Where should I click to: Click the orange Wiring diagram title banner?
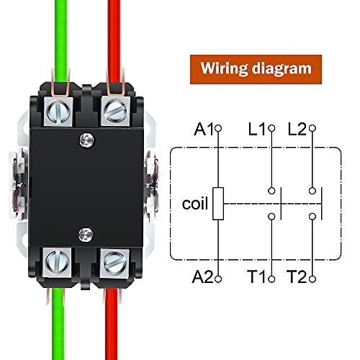pyautogui.click(x=256, y=69)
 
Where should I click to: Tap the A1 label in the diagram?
pyautogui.click(x=204, y=130)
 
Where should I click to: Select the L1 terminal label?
pyautogui.click(x=256, y=130)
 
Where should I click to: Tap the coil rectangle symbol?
pyautogui.click(x=218, y=203)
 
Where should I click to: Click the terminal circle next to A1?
pyautogui.click(x=218, y=129)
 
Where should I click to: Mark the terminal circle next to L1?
pyautogui.click(x=271, y=129)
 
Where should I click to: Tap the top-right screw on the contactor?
pyautogui.click(x=115, y=109)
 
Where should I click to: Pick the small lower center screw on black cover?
pyautogui.click(x=86, y=232)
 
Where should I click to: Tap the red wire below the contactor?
pyautogui.click(x=113, y=324)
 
